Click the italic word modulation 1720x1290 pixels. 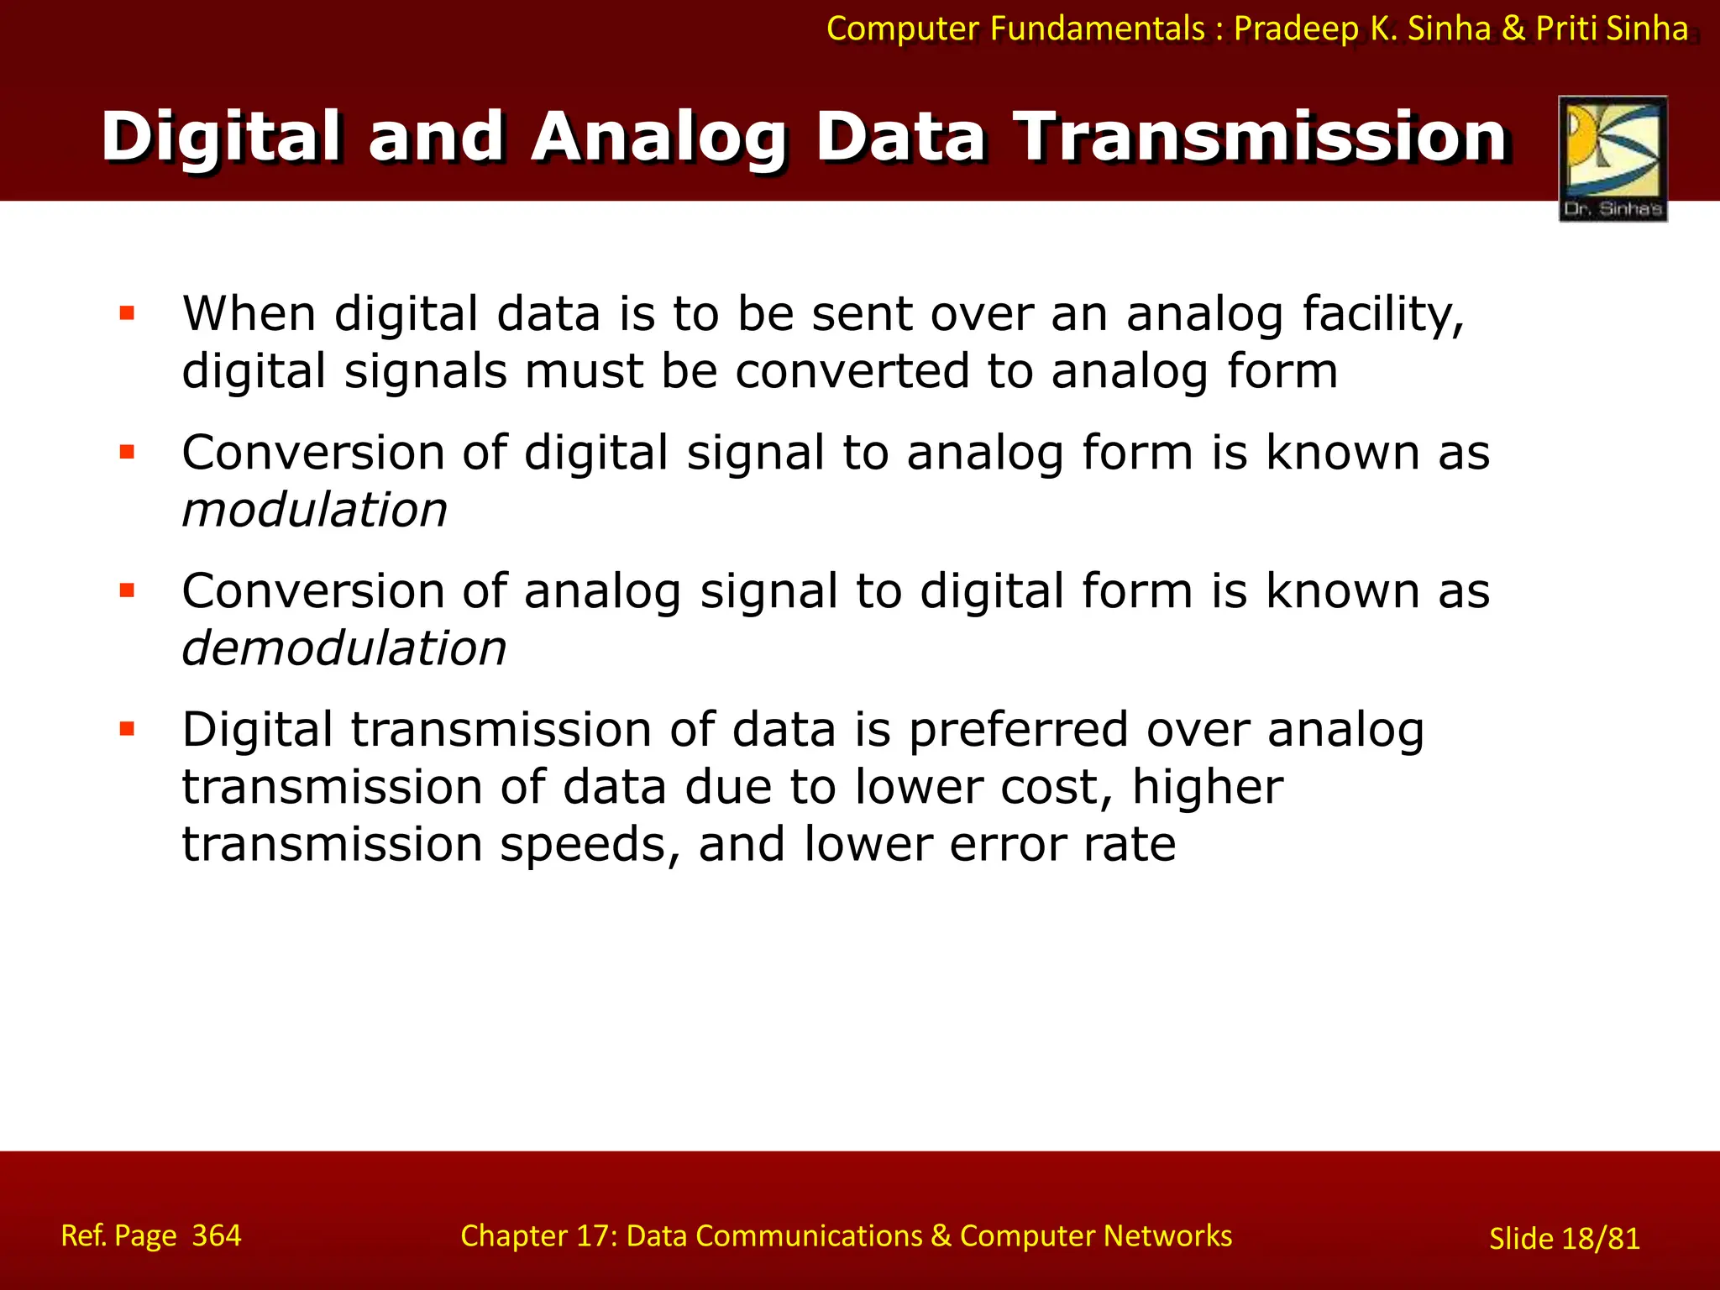coord(314,511)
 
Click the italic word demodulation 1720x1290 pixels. coord(343,649)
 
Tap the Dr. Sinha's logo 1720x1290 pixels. coord(1612,159)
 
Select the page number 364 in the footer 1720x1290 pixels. coord(216,1235)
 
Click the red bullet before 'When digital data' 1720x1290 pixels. coord(128,314)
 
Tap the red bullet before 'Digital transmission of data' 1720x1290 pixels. coord(128,729)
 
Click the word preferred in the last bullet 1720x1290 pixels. coord(1017,730)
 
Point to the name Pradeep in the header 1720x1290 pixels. coord(1296,29)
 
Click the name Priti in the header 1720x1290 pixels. coord(1566,29)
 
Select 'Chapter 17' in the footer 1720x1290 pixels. coord(537,1236)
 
